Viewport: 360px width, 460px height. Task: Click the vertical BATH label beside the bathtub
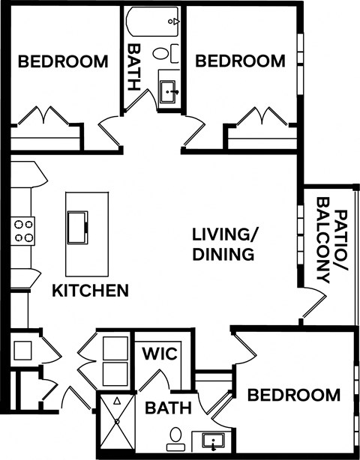tap(135, 66)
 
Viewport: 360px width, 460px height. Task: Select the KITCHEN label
tap(90, 290)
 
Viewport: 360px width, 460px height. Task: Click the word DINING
tap(223, 254)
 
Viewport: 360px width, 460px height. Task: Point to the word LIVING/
tap(223, 234)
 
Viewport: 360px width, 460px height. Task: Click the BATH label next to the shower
tap(168, 408)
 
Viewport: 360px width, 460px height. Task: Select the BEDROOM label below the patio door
tap(294, 395)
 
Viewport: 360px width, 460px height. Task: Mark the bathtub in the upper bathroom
tap(154, 22)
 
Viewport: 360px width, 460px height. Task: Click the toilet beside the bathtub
tap(169, 53)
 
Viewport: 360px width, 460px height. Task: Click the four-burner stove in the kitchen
tap(22, 230)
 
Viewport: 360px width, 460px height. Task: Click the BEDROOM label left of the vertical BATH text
tap(63, 61)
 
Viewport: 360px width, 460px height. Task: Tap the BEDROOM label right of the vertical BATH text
tap(240, 61)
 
